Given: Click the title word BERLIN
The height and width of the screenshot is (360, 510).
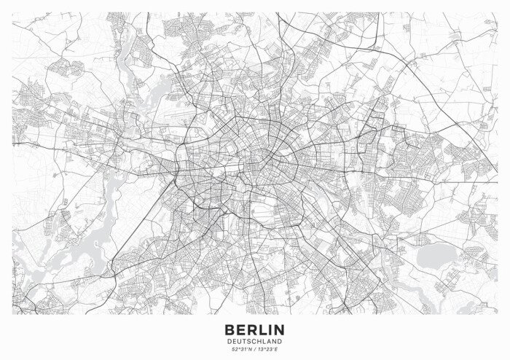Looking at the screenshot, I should pyautogui.click(x=254, y=330).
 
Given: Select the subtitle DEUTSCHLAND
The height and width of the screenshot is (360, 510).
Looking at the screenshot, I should pyautogui.click(x=254, y=341).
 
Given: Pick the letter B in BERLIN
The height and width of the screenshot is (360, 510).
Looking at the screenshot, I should pyautogui.click(x=229, y=330).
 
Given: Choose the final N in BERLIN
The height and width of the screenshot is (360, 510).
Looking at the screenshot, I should pyautogui.click(x=279, y=330).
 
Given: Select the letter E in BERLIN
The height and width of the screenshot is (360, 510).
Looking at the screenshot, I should pyautogui.click(x=240, y=330).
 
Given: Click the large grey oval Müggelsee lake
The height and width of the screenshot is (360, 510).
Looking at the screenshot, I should pyautogui.click(x=436, y=253).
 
